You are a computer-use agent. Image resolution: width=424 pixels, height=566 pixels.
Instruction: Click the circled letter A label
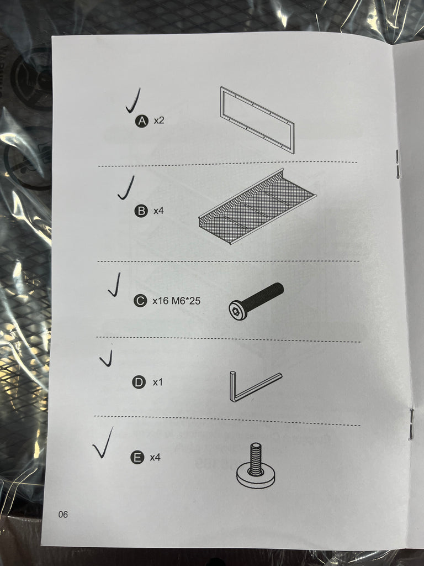pyautogui.click(x=142, y=121)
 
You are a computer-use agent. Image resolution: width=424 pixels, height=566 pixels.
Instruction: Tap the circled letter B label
pyautogui.click(x=141, y=211)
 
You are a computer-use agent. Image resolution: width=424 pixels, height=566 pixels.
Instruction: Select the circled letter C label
pyautogui.click(x=140, y=301)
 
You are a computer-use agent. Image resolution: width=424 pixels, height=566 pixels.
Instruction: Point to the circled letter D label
pyautogui.click(x=139, y=382)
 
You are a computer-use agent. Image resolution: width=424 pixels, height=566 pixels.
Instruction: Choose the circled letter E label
pyautogui.click(x=137, y=457)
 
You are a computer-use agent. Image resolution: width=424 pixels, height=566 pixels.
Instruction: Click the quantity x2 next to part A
pyautogui.click(x=159, y=120)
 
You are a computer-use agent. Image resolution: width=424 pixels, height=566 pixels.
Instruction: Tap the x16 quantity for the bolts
pyautogui.click(x=161, y=301)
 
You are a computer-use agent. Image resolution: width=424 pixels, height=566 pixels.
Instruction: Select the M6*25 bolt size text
pyautogui.click(x=185, y=300)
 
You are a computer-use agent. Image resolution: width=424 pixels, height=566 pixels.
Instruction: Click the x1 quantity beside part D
pyautogui.click(x=157, y=382)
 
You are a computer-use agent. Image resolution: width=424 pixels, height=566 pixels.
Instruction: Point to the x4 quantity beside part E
pyautogui.click(x=155, y=457)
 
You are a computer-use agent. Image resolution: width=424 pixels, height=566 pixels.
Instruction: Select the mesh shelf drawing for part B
pyautogui.click(x=257, y=207)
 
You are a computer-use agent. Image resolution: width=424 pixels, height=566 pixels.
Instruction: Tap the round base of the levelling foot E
pyautogui.click(x=256, y=476)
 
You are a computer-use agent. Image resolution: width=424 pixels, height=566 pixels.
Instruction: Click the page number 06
pyautogui.click(x=63, y=515)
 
